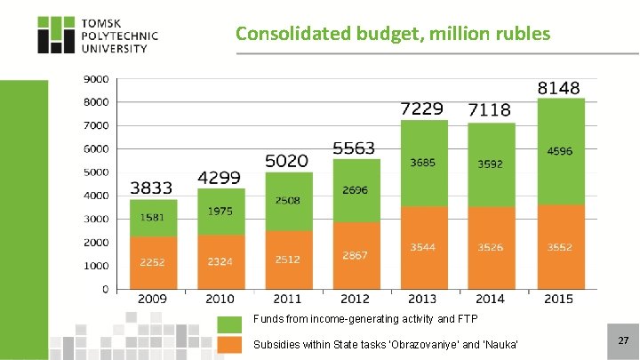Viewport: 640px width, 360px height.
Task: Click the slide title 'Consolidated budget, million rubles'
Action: coord(393,34)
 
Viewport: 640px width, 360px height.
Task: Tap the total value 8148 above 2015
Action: coord(559,88)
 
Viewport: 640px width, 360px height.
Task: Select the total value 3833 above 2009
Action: coord(152,188)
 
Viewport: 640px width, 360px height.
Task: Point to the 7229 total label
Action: coord(421,108)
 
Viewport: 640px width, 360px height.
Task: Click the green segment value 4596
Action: coord(560,151)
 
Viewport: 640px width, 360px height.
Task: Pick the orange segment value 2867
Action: coord(355,255)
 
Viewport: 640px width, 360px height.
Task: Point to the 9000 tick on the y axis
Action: coord(96,78)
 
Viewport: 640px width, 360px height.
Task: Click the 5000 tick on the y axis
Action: coord(96,172)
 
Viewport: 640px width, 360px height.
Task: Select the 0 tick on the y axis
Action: coord(105,289)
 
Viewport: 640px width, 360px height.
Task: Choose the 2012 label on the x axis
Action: coord(355,300)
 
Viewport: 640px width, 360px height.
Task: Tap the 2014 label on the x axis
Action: coord(491,300)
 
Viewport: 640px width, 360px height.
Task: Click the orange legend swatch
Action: coord(229,345)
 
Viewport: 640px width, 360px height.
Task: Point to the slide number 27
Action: coord(623,340)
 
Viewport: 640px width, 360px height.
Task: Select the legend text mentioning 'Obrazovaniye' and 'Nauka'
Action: coord(385,345)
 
